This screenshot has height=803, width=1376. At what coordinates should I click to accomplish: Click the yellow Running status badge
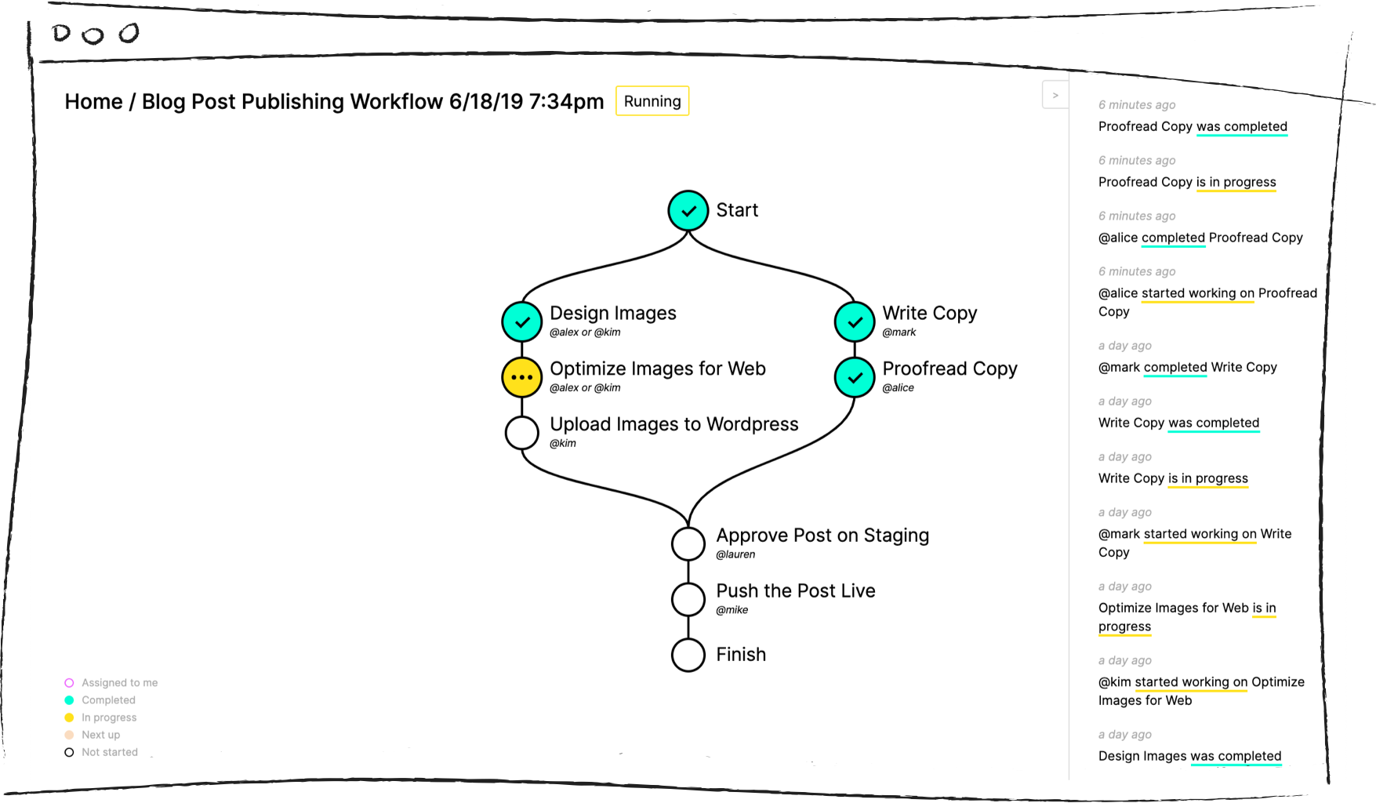652,101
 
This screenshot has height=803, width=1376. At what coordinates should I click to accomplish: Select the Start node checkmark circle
688,210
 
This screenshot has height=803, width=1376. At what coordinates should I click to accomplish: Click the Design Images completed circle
522,322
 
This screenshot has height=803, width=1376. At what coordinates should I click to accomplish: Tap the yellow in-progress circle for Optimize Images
522,377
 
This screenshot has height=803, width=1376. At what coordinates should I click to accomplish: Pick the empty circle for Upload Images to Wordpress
522,432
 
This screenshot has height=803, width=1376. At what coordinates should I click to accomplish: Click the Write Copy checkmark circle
855,322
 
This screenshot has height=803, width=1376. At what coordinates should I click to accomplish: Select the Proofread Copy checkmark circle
855,377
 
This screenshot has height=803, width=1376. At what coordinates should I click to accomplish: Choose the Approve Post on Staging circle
688,543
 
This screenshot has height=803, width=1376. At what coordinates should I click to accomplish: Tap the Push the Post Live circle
688,599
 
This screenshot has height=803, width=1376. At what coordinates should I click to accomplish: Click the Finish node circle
688,655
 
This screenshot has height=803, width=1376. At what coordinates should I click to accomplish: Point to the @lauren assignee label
735,554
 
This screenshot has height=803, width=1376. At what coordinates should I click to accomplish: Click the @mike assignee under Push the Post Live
732,610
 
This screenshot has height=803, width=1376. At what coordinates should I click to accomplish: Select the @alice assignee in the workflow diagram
899,388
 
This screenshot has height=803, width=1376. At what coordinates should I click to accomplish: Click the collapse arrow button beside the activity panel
1055,95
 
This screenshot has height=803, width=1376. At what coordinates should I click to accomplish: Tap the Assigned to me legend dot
69,683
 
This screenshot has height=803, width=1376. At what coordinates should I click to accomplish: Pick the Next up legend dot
69,735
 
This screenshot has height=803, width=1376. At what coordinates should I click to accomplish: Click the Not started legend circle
69,752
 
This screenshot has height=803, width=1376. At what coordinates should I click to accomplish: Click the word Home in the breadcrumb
93,102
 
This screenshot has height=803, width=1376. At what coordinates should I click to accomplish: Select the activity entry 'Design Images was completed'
1189,756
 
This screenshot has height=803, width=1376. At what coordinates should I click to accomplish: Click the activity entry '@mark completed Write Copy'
1187,367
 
